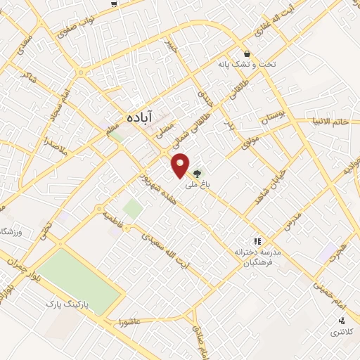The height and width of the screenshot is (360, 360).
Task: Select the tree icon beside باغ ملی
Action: pos(198,173)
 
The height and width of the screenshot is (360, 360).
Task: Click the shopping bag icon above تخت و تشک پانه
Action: pos(247,53)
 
